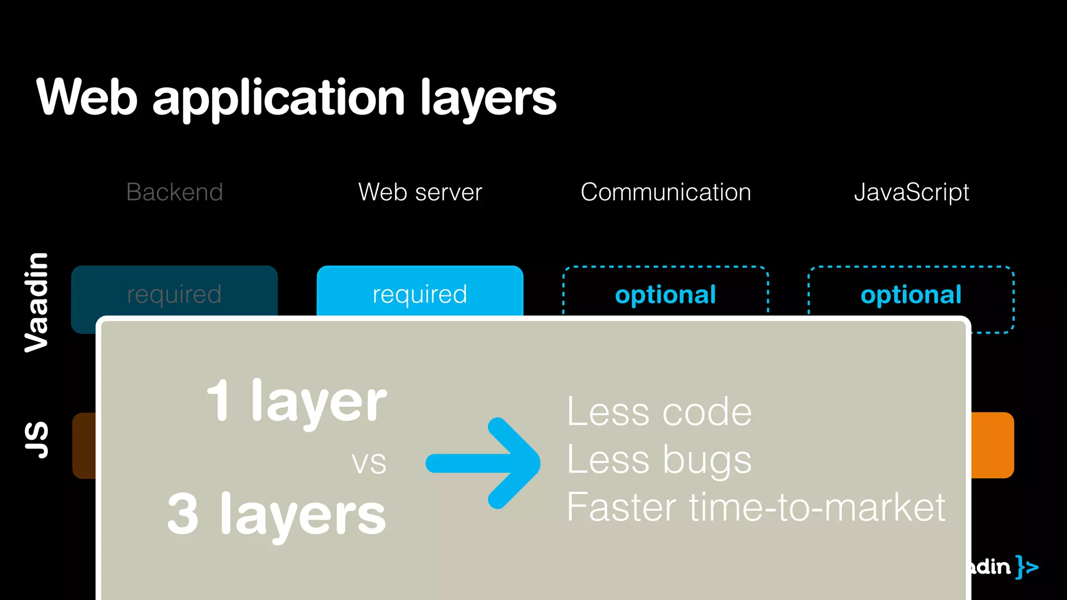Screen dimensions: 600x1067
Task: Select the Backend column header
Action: click(x=175, y=192)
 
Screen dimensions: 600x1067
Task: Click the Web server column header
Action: click(x=420, y=192)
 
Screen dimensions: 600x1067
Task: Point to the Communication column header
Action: click(x=666, y=192)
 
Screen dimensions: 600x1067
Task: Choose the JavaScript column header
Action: click(x=911, y=192)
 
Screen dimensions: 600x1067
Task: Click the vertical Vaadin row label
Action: click(x=36, y=302)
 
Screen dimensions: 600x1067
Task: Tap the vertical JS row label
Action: click(x=36, y=440)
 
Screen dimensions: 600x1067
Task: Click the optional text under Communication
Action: click(x=666, y=295)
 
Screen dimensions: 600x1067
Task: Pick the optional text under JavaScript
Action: click(x=911, y=295)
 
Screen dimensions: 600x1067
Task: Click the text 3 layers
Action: click(x=277, y=515)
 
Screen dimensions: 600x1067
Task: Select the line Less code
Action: click(x=659, y=412)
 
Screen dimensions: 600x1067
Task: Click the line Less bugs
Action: click(x=659, y=460)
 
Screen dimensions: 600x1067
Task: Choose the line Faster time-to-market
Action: click(x=755, y=507)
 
